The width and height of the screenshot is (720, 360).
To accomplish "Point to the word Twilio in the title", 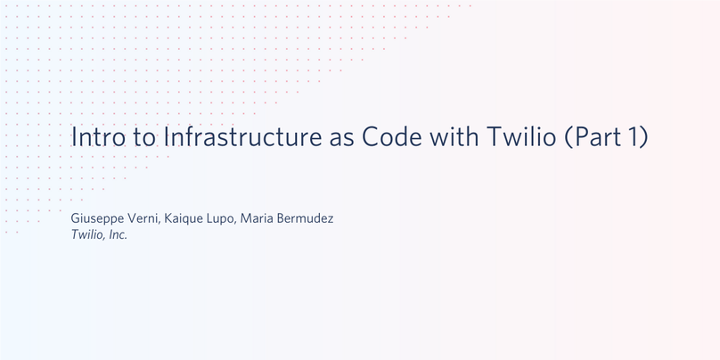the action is click(x=521, y=136).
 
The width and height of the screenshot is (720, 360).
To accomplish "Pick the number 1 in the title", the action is click(x=632, y=136).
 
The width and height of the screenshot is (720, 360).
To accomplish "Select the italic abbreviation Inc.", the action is click(x=118, y=235).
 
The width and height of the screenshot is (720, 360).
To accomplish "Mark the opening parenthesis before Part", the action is click(x=569, y=137).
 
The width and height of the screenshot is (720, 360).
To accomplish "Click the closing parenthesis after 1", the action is click(x=643, y=137).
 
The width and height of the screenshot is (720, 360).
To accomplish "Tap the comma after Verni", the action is click(x=160, y=223).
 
